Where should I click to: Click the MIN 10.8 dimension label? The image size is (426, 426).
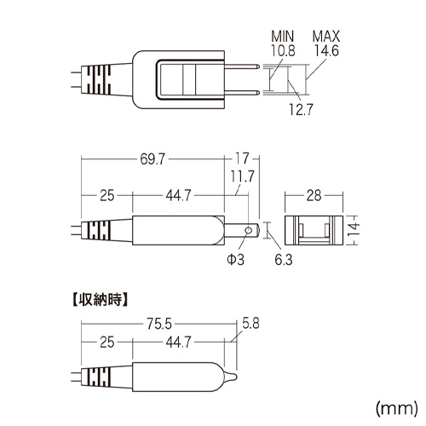tap(283, 43)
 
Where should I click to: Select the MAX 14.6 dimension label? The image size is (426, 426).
tap(326, 43)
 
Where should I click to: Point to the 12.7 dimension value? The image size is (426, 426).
tap(301, 109)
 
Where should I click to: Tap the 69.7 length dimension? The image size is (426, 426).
tap(153, 159)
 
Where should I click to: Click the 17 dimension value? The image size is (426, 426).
tap(242, 158)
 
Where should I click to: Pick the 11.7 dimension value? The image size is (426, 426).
tap(242, 176)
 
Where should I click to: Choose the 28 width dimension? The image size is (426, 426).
tap(314, 196)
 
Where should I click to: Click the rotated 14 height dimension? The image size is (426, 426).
tap(354, 230)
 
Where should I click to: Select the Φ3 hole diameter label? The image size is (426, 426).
tap(235, 259)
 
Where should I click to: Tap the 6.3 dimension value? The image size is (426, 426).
tap(284, 260)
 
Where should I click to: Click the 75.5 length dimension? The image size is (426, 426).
tap(159, 324)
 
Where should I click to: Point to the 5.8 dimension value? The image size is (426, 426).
tap(250, 323)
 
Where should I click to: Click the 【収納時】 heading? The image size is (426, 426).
tap(100, 300)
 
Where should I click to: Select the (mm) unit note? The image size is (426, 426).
tap(397, 408)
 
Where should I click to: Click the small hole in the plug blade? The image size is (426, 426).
tap(249, 230)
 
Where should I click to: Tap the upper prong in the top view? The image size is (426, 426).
tap(242, 66)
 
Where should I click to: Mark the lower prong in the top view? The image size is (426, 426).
tap(242, 93)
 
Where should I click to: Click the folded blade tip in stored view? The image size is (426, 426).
tap(231, 377)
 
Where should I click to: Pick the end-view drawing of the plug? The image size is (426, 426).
tap(314, 230)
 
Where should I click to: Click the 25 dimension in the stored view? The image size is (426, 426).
tap(107, 343)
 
